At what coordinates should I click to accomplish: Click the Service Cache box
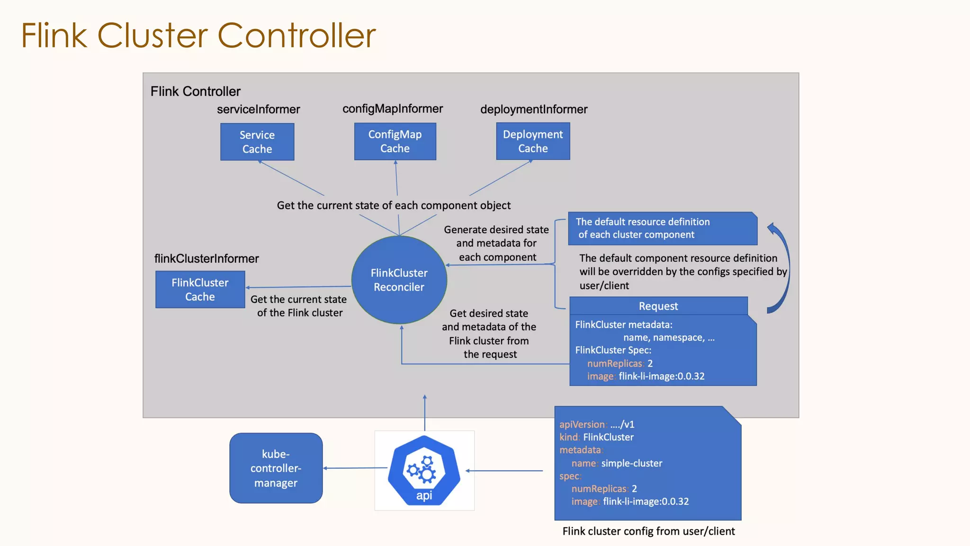pos(257,142)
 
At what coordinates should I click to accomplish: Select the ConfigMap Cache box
pos(395,141)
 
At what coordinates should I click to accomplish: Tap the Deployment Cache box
pos(533,141)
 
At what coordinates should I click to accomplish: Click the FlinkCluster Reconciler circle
pos(399,280)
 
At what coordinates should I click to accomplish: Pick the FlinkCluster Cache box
pos(200,290)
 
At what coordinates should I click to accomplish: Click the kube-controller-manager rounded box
pos(276,468)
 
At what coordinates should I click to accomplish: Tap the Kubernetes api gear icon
pos(424,469)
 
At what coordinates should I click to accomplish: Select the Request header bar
pos(658,306)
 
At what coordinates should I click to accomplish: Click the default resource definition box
pos(662,228)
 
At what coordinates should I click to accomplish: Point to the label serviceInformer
pos(258,109)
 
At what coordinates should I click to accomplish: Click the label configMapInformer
pos(393,109)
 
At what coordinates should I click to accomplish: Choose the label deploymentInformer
pos(534,109)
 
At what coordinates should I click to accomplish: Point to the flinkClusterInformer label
pos(207,259)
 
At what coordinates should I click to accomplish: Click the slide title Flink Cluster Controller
pos(198,36)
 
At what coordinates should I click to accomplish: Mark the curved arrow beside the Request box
pos(784,268)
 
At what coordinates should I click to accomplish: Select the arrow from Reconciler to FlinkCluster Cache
pos(298,287)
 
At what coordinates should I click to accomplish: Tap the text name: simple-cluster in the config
pos(617,463)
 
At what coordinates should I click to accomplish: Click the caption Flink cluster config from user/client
pos(648,531)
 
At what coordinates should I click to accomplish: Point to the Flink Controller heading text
pos(195,91)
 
